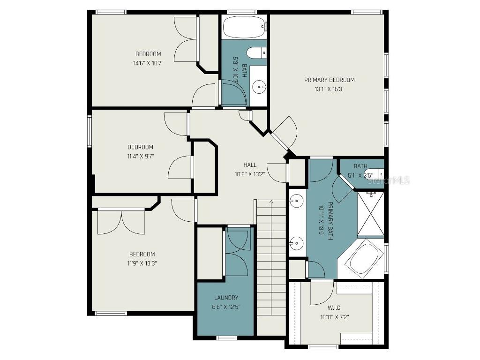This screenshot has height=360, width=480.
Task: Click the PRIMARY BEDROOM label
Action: pos(329,80)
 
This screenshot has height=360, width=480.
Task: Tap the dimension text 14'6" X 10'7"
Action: pos(148,63)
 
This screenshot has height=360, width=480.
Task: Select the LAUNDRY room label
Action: pos(226,298)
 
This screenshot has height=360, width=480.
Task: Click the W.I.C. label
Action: pos(334,307)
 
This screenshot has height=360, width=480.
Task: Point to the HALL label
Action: pos(250,165)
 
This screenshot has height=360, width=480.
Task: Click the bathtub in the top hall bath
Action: pos(244,27)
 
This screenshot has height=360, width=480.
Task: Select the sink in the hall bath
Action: pos(259,87)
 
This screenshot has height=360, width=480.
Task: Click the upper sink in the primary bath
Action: pos(296,202)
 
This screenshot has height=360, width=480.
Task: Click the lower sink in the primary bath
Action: pos(296,243)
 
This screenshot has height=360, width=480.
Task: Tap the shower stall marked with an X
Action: pos(371,214)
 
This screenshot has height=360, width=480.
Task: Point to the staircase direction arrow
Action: pos(271,202)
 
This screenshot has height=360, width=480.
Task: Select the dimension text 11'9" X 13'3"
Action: pos(142,263)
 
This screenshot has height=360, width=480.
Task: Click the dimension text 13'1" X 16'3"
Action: pos(330,89)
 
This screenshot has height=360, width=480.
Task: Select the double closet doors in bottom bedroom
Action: pos(121,222)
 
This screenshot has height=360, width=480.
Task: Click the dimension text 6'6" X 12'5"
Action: pos(226,307)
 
